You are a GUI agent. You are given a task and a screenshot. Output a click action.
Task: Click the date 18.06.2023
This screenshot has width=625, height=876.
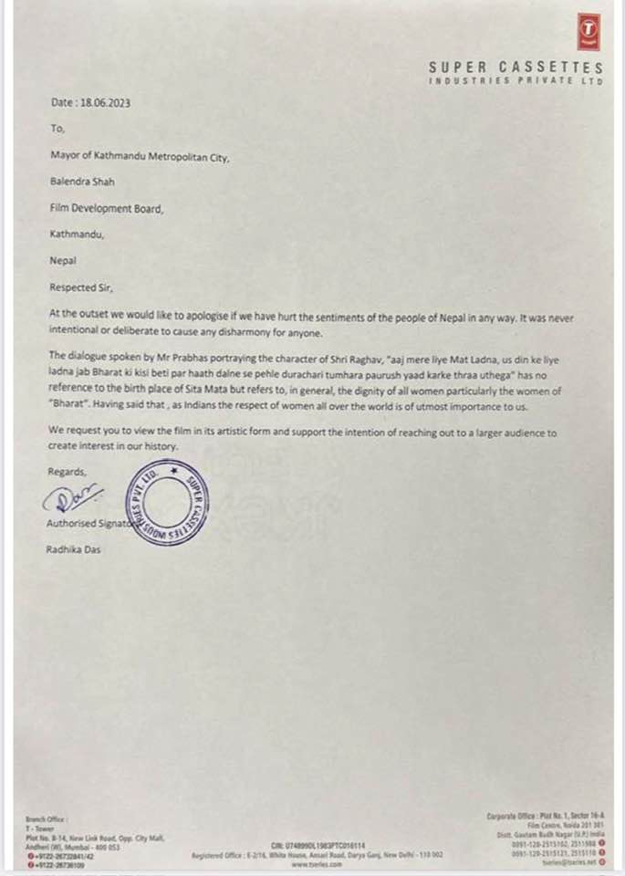click(102, 103)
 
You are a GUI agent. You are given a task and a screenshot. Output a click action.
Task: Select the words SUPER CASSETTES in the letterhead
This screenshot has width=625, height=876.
click(516, 68)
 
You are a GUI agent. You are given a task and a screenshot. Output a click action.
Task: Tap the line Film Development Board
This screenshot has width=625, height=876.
click(107, 208)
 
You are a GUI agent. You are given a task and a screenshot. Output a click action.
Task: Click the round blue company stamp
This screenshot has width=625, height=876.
click(169, 504)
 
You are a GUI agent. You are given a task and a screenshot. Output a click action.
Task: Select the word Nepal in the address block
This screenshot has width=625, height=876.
click(63, 260)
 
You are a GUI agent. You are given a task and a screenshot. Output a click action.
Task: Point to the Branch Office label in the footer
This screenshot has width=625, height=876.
click(47, 820)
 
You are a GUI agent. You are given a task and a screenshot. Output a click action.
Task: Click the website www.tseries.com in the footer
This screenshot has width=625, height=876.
click(316, 864)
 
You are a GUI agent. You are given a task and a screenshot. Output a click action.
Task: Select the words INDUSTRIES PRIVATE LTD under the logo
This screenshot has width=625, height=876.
click(516, 81)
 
